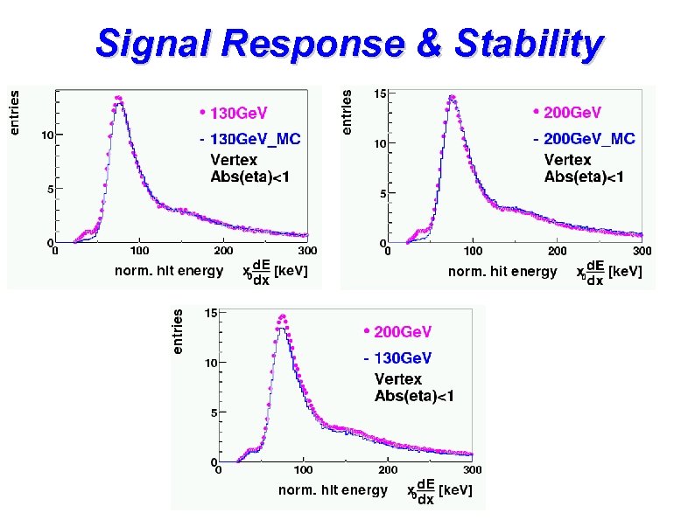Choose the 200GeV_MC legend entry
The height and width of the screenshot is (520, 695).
[587, 139]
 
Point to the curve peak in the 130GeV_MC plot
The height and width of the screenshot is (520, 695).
[119, 98]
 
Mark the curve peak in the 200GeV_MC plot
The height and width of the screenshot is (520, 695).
[452, 97]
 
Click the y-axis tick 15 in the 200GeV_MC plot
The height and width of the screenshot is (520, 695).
[381, 94]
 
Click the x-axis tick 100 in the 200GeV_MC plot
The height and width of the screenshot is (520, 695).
[473, 252]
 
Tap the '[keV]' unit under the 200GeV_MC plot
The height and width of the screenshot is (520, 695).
[625, 272]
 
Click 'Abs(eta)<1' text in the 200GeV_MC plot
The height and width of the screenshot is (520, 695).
[584, 177]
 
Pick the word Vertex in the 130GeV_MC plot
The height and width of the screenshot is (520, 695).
[234, 160]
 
